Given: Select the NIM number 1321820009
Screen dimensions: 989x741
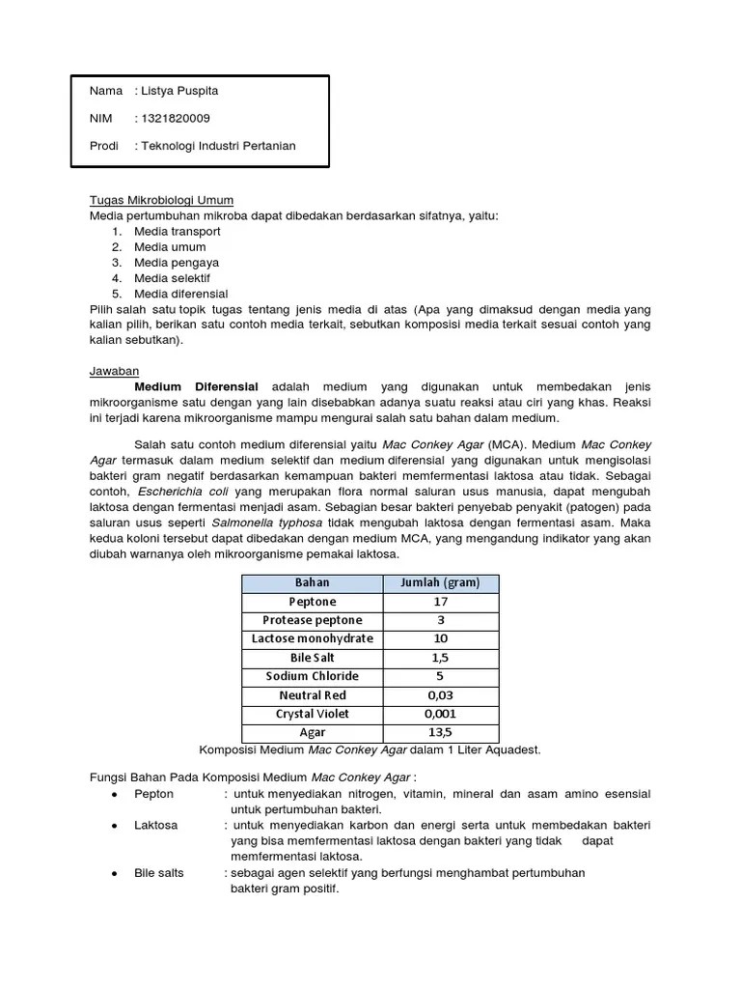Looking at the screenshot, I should [x=176, y=118].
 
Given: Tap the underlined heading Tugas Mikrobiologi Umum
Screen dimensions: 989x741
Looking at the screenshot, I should [x=161, y=200].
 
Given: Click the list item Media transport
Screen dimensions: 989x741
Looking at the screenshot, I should [x=177, y=232].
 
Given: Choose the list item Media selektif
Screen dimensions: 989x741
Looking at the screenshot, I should [x=172, y=278].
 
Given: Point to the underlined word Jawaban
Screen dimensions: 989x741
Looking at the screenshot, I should [x=114, y=371].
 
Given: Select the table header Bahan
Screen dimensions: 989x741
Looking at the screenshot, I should [x=312, y=582].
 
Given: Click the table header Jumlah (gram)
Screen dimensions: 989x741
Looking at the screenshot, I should [x=441, y=582].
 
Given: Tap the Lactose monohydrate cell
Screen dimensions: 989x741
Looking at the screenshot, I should [x=312, y=638].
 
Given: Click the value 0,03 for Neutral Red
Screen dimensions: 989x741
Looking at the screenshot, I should [x=440, y=695].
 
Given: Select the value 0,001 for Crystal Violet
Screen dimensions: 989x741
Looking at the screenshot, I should [x=440, y=714].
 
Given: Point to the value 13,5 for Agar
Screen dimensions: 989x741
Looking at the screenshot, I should [x=440, y=733].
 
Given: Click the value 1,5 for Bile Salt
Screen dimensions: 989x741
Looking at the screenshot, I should [x=440, y=658].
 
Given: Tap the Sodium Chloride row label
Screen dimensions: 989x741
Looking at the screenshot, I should [x=312, y=676].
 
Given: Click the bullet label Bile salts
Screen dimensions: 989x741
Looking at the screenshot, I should [x=159, y=873].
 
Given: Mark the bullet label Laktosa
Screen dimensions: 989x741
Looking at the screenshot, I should [x=155, y=826].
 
